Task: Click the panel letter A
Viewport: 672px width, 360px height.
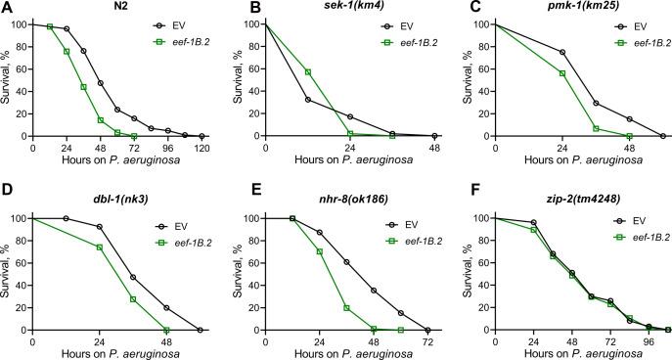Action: (x=7, y=8)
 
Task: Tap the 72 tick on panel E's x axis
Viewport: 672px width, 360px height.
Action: (x=427, y=341)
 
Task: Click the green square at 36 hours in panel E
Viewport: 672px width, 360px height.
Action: (x=347, y=307)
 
